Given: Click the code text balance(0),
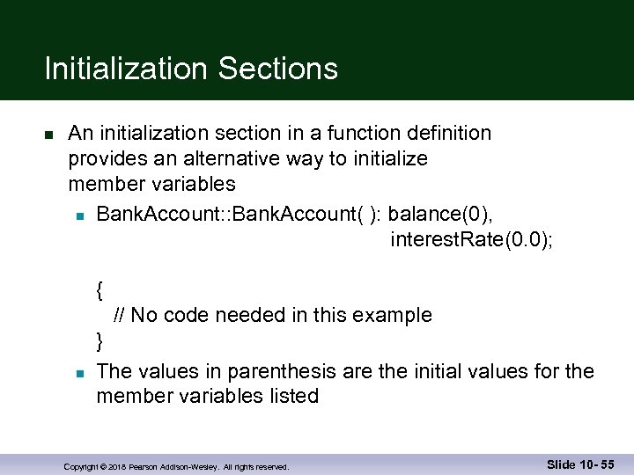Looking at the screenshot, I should point(439,215).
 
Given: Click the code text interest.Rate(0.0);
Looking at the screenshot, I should point(472,239).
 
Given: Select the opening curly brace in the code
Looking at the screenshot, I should point(101,289).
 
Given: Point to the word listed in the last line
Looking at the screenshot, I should point(291,396).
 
